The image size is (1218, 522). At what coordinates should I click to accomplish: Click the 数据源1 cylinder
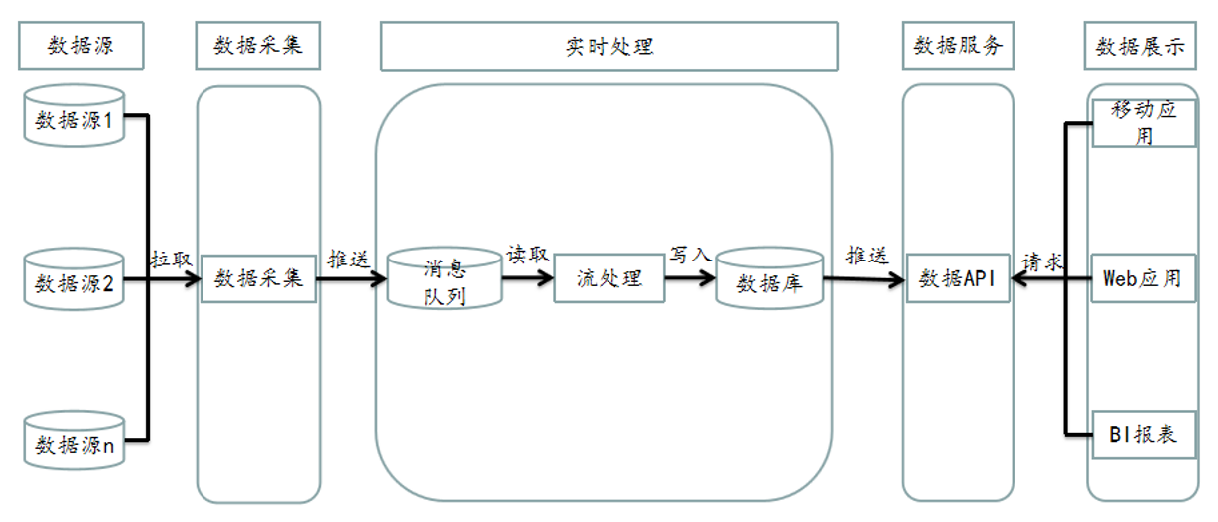(75, 118)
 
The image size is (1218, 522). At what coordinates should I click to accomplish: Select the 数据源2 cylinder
(75, 280)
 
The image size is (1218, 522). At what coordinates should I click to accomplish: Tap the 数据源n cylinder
(75, 442)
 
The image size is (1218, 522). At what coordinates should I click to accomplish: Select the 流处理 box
(609, 278)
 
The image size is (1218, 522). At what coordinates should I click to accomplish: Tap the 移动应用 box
(1143, 122)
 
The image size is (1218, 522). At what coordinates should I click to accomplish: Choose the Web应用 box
(1143, 278)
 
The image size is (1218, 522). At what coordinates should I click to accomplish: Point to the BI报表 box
(1143, 434)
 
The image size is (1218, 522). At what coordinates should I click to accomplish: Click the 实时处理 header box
(609, 46)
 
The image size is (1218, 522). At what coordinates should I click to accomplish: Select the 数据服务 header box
(958, 46)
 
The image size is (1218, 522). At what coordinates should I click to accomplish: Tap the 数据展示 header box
(1141, 46)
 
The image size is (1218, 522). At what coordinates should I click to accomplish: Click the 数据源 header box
(80, 46)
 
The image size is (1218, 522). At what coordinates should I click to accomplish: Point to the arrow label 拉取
(171, 259)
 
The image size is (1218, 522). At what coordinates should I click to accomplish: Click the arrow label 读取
(527, 254)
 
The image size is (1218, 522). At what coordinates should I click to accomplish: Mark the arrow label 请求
(1042, 262)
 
